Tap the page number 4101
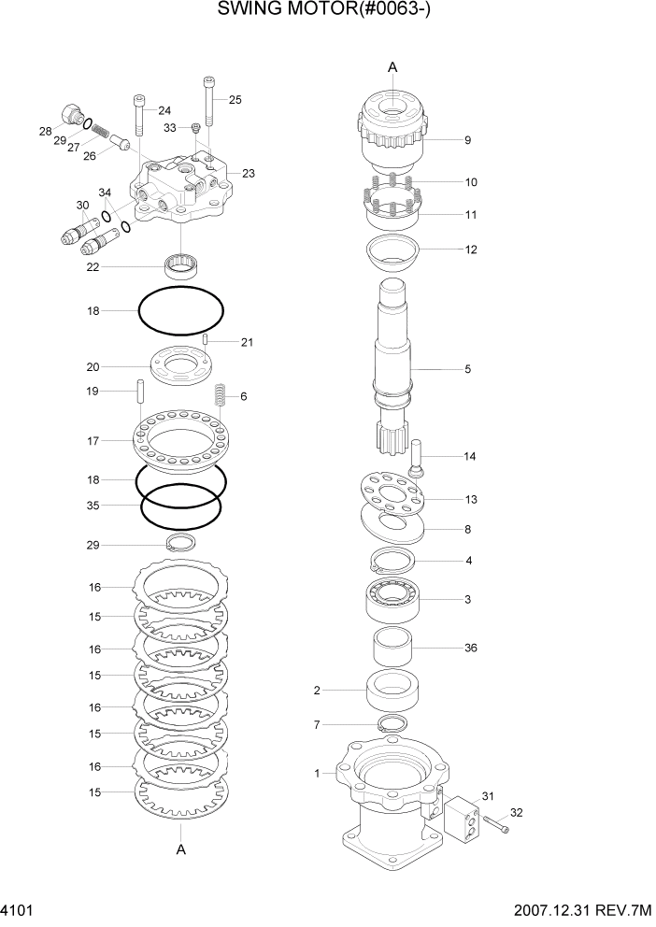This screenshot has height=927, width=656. [20, 911]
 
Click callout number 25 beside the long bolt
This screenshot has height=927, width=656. [235, 99]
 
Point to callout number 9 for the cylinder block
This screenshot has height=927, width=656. [466, 140]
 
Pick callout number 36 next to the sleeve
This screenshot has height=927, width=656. [470, 648]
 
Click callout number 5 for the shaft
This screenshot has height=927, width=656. [467, 369]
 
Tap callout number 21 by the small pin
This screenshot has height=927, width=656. [247, 342]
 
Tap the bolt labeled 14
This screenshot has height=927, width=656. [416, 458]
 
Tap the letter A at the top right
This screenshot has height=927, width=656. [392, 66]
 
